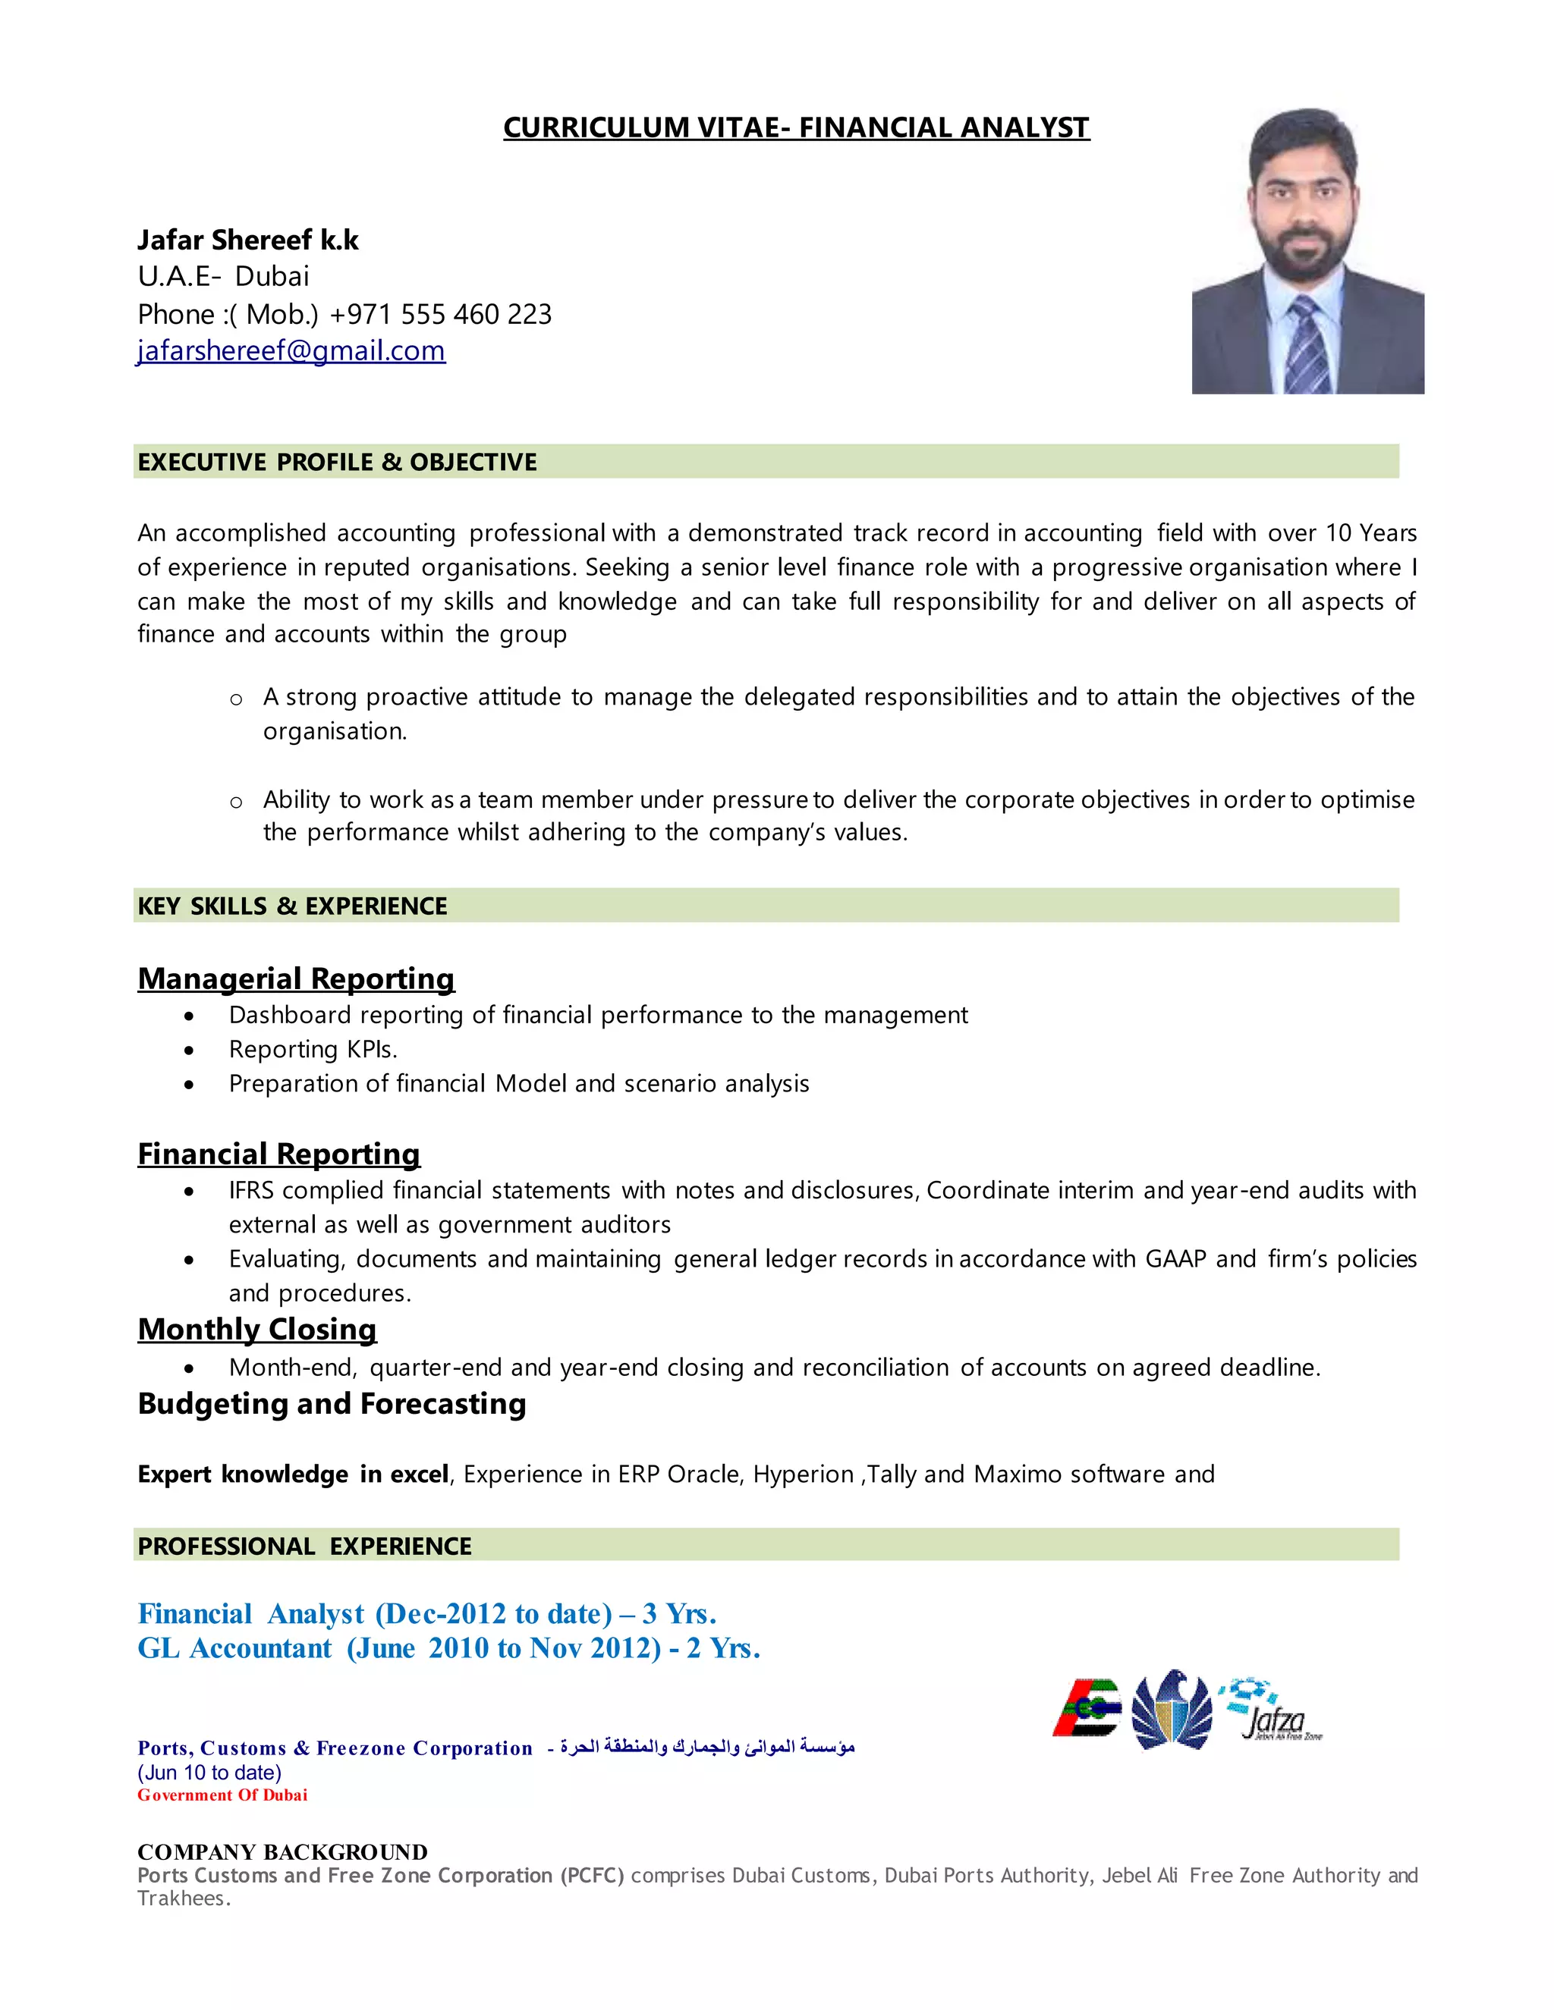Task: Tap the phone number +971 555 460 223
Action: click(x=440, y=315)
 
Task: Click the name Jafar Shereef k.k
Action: click(x=247, y=240)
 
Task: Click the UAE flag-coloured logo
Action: click(x=1088, y=1708)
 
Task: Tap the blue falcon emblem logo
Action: click(x=1172, y=1710)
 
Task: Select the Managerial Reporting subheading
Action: click(x=295, y=978)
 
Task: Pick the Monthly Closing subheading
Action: click(x=257, y=1329)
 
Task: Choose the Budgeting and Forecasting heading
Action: click(x=332, y=1403)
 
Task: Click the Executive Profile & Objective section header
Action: click(x=337, y=462)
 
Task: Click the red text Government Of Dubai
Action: click(x=222, y=1795)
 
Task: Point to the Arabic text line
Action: click(x=707, y=1747)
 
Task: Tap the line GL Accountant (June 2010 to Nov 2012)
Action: click(x=448, y=1648)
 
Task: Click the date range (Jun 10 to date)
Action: click(x=209, y=1773)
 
